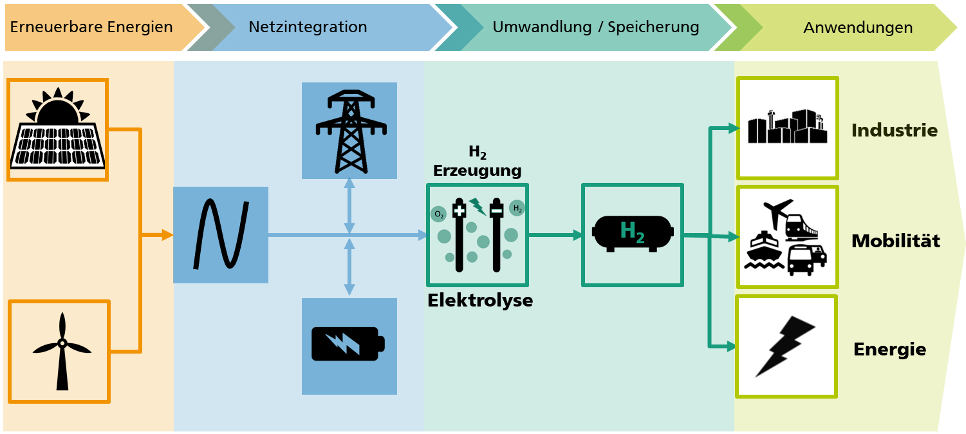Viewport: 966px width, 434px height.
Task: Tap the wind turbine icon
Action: pyautogui.click(x=62, y=351)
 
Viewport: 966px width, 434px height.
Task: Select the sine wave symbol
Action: pyautogui.click(x=221, y=234)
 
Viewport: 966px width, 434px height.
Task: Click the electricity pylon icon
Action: pyautogui.click(x=351, y=131)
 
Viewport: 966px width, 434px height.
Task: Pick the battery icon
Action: pyautogui.click(x=348, y=344)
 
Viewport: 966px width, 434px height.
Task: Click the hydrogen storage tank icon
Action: pyautogui.click(x=633, y=233)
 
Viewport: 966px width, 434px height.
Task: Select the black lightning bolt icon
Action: pyautogui.click(x=785, y=346)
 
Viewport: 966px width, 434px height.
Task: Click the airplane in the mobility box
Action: pyautogui.click(x=777, y=212)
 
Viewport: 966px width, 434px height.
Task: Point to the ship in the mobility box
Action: pyautogui.click(x=764, y=250)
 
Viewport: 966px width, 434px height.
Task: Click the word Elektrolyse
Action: pyautogui.click(x=480, y=301)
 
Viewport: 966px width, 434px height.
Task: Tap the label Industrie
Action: pyautogui.click(x=895, y=130)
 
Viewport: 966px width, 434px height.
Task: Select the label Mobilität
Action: pyautogui.click(x=896, y=241)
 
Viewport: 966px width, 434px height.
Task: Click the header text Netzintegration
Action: pyautogui.click(x=308, y=27)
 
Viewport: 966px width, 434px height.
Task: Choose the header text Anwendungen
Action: pyautogui.click(x=858, y=28)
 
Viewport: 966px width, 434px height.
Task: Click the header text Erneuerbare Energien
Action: pyautogui.click(x=91, y=27)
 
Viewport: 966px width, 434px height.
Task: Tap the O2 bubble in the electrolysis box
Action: pyautogui.click(x=438, y=214)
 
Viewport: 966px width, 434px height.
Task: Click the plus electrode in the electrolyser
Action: pyautogui.click(x=460, y=234)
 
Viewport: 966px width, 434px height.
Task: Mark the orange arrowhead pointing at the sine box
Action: pyautogui.click(x=167, y=235)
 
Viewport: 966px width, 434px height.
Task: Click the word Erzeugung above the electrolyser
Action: pyautogui.click(x=478, y=171)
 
